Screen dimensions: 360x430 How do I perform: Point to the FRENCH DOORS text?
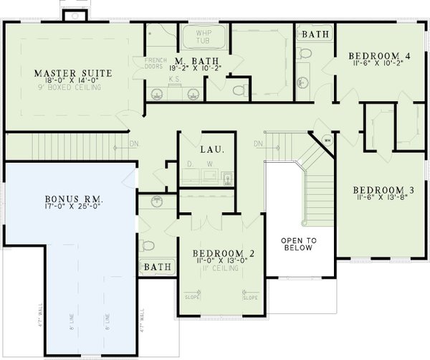(155, 64)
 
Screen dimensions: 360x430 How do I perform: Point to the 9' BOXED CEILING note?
(69, 88)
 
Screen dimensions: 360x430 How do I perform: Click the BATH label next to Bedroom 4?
(315, 34)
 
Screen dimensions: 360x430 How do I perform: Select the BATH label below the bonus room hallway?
(157, 267)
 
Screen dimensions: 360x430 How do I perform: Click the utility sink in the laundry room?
(226, 178)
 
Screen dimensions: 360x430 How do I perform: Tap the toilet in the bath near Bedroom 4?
(304, 55)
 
